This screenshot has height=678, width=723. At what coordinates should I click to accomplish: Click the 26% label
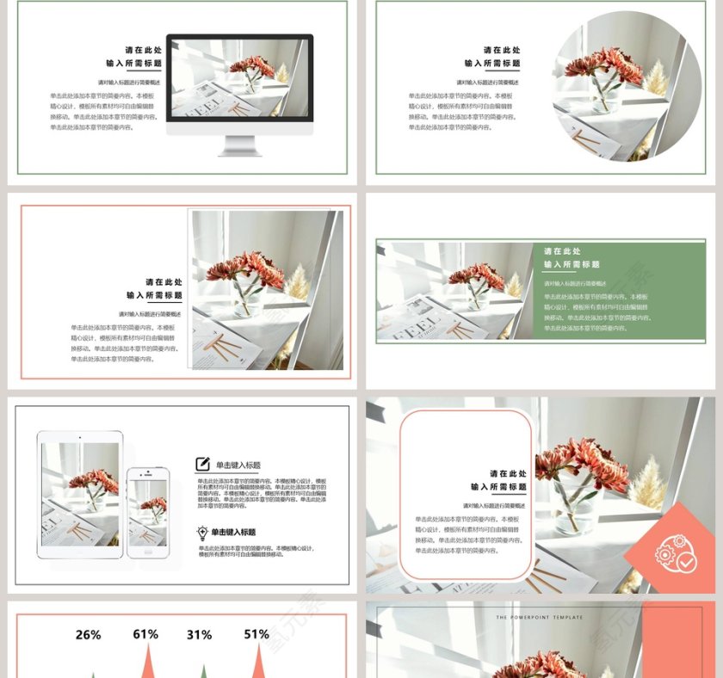[x=88, y=636]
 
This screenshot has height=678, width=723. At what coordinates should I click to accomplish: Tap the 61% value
[x=145, y=635]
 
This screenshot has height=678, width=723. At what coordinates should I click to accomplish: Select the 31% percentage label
[x=199, y=636]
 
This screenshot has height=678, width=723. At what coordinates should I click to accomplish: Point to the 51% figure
[x=256, y=635]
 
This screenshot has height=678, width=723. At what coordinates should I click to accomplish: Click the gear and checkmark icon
[x=676, y=553]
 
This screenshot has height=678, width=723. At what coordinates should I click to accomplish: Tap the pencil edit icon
[x=203, y=464]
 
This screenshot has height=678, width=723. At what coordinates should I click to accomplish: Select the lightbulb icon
[x=202, y=533]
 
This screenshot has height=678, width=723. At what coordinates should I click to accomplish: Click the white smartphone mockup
[x=148, y=512]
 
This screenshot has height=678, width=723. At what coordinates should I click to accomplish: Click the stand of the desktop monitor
[x=239, y=145]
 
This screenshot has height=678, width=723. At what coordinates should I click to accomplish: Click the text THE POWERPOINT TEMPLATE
[x=540, y=618]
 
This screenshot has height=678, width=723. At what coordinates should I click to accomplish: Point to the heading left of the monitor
[x=133, y=57]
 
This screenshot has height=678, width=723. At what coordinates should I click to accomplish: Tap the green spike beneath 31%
[x=203, y=670]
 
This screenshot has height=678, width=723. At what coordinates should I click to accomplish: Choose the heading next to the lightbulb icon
[x=233, y=533]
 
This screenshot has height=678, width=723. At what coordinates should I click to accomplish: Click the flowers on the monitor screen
[x=251, y=70]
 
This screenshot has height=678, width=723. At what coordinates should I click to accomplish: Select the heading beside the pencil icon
[x=238, y=465]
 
